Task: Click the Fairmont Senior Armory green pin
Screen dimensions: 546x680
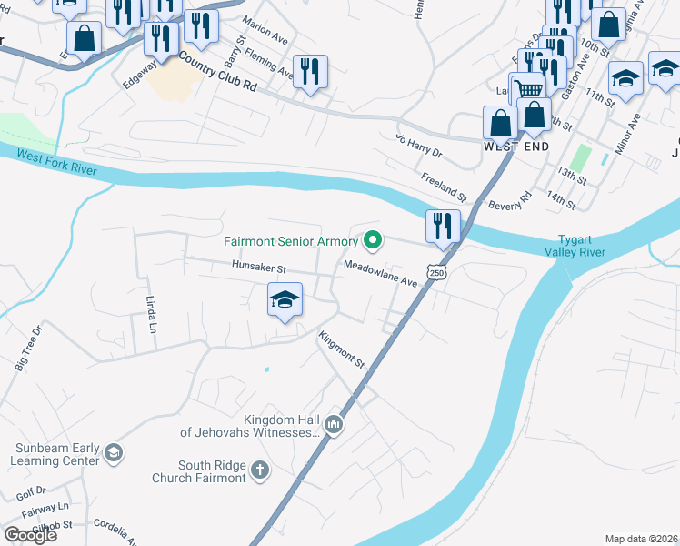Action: (372, 241)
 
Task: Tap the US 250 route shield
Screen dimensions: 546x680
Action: (437, 273)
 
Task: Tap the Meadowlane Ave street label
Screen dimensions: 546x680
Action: (381, 273)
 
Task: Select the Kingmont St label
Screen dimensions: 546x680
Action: (341, 349)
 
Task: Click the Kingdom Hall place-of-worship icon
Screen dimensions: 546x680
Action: (334, 425)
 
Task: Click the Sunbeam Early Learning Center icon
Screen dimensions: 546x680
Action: (113, 453)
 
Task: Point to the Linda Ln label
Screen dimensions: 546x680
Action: (153, 315)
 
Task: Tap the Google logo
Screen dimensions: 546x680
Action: (30, 534)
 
